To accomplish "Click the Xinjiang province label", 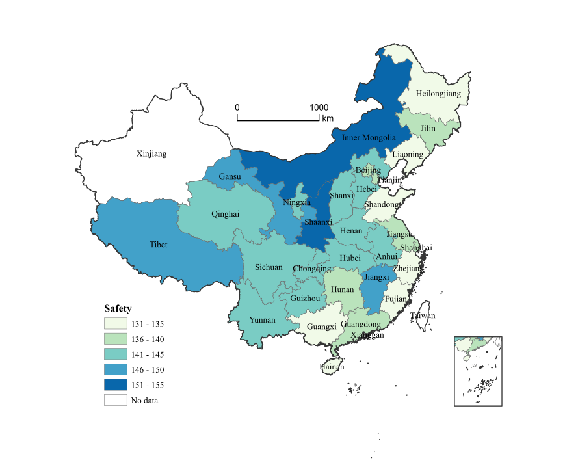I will [151, 154].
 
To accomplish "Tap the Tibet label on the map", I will [159, 245].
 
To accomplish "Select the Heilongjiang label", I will [438, 94].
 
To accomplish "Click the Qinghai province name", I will [225, 213].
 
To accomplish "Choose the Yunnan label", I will [262, 320].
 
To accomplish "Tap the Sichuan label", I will [269, 267].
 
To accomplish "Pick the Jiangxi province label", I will [376, 276].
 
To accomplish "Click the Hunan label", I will [343, 289].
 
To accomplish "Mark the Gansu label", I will [230, 176].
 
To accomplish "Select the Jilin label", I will [428, 129].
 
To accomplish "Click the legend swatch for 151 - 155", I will [115, 385].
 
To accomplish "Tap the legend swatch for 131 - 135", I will [115, 323].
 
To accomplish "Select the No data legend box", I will [115, 400].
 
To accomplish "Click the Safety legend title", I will [118, 308].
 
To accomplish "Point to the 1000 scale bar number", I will [319, 107].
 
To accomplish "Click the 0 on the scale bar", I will [237, 107].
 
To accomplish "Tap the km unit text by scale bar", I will [328, 118].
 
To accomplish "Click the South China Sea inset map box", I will [478, 371].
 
